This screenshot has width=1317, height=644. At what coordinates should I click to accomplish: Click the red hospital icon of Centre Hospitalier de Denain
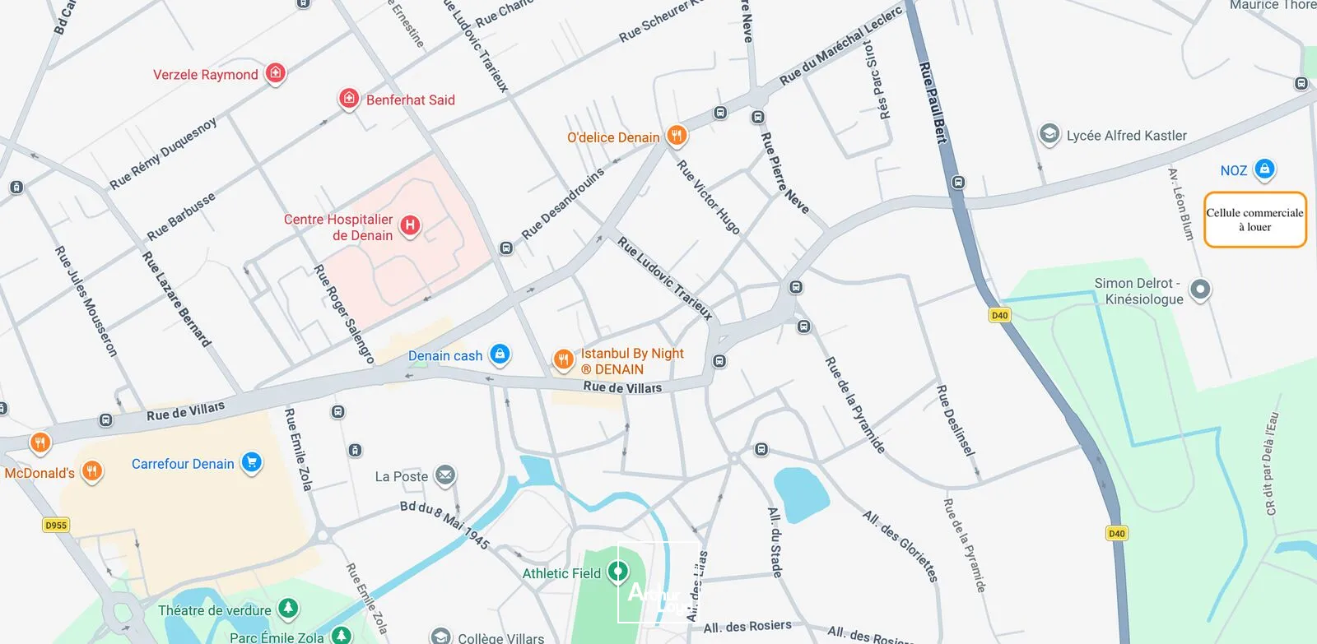point(410,225)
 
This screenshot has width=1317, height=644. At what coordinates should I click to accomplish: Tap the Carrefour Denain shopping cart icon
point(252,462)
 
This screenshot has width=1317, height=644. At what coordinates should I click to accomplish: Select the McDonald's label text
point(40,473)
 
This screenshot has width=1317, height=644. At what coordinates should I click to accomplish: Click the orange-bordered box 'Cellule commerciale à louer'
point(1254,220)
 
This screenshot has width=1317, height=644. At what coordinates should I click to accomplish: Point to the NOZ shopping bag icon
point(1264,169)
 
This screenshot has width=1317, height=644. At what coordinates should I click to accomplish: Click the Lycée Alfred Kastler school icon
point(1049,134)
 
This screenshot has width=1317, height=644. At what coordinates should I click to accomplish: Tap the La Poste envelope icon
point(444,475)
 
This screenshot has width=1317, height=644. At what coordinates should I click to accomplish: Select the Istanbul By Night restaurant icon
point(563,359)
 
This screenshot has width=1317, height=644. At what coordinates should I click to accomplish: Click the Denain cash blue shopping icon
point(500,354)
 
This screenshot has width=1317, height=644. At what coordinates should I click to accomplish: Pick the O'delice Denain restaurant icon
point(677,135)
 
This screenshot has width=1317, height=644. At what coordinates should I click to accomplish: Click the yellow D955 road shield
point(56,525)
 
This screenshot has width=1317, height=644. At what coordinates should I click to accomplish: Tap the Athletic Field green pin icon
point(618,571)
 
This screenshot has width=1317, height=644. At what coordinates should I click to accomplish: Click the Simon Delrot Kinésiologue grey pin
point(1200,289)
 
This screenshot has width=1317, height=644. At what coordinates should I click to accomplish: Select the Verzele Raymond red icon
point(276,73)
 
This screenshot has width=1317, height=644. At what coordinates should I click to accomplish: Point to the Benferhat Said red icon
point(349,99)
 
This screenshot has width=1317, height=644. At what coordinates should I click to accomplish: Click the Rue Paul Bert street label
point(933,102)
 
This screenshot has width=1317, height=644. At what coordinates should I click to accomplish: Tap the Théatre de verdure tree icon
point(287,609)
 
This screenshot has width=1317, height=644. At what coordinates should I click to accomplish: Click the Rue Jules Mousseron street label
point(86,300)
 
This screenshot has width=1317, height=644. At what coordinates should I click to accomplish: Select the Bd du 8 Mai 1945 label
point(444,523)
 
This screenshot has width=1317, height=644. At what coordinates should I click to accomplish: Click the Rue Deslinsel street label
point(956,419)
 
